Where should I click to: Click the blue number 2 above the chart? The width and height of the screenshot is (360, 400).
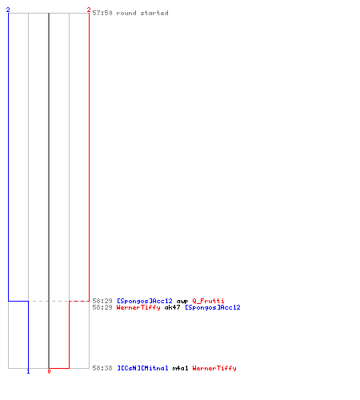click(8, 10)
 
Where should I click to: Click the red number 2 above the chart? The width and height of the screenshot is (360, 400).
click(89, 10)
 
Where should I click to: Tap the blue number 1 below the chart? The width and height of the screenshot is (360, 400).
click(28, 371)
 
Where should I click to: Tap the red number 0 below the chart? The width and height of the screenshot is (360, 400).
click(49, 371)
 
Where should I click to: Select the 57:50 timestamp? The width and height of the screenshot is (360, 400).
click(102, 13)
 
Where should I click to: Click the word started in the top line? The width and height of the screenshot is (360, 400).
click(154, 13)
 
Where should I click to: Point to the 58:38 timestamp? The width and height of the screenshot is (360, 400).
click(102, 368)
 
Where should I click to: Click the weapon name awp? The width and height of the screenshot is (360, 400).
click(182, 301)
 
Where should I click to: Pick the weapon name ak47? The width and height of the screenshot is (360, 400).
click(172, 307)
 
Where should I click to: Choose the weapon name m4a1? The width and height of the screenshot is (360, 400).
click(180, 368)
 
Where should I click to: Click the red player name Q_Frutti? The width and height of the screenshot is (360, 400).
click(208, 301)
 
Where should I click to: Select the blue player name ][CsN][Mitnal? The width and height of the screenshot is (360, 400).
click(142, 368)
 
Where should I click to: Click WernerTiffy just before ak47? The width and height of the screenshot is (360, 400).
click(138, 307)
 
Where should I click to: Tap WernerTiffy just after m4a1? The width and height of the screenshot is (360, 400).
click(214, 368)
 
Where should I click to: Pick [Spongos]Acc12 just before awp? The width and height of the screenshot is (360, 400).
click(145, 301)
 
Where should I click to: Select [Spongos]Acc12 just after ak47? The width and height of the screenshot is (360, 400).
click(213, 307)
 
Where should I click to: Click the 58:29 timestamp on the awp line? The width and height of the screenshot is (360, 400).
click(102, 301)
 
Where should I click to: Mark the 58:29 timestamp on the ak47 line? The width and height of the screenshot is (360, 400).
click(102, 307)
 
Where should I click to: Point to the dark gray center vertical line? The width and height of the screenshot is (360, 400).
click(49, 190)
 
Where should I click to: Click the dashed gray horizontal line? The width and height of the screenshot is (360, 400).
click(49, 301)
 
